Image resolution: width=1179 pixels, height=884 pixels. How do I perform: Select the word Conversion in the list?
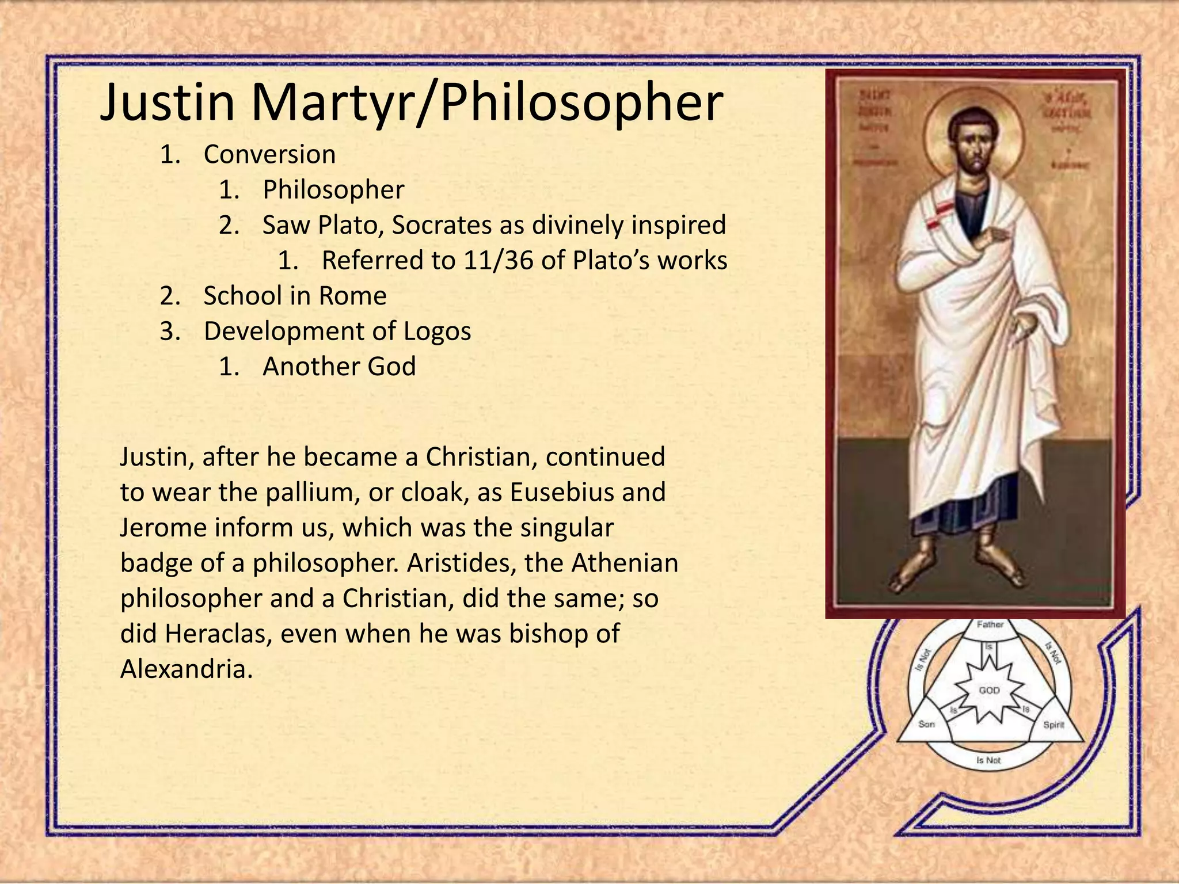(x=269, y=154)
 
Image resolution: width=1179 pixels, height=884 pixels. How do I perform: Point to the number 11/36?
(x=498, y=261)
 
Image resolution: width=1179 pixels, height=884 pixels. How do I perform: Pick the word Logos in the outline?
(x=437, y=331)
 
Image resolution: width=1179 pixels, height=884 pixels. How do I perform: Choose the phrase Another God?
(x=339, y=367)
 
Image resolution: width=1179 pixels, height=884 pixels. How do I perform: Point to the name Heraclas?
(x=214, y=634)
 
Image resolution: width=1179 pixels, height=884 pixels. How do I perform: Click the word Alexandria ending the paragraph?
(x=186, y=669)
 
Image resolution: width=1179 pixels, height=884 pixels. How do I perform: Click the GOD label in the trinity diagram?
(x=990, y=690)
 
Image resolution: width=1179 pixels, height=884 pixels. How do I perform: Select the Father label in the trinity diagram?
(x=990, y=624)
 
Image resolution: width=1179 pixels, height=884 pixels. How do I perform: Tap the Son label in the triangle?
(x=926, y=724)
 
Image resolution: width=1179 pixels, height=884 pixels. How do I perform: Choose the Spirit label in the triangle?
(x=1054, y=725)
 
